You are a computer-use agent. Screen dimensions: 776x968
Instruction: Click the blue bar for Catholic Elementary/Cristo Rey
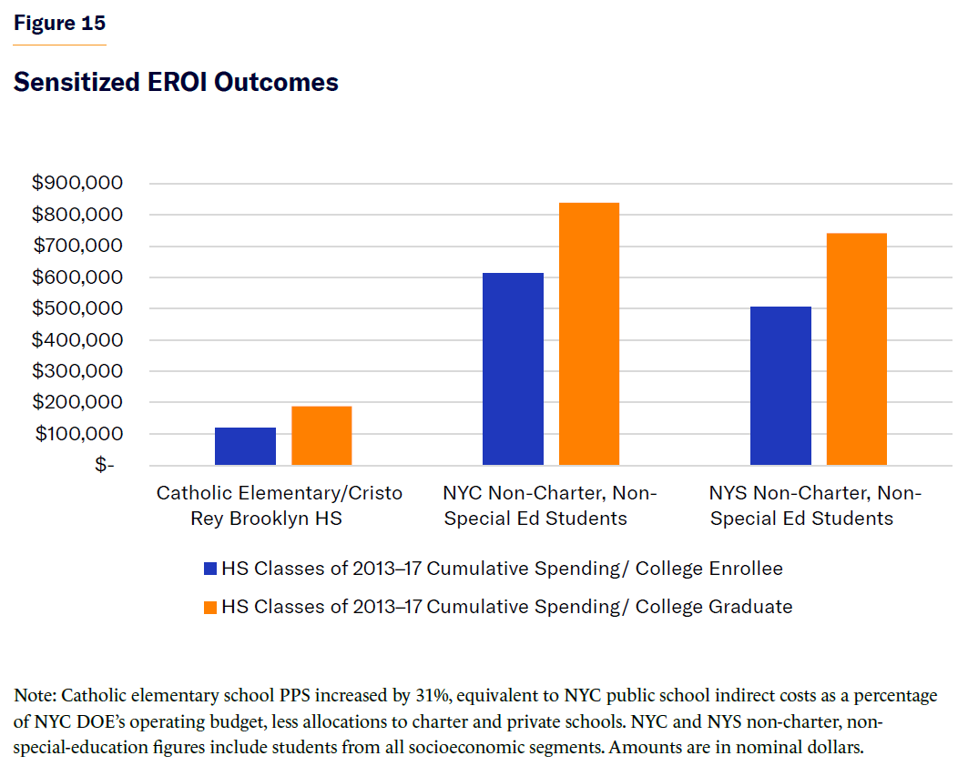pos(245,447)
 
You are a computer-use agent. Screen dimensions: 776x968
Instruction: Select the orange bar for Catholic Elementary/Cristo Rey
pos(321,436)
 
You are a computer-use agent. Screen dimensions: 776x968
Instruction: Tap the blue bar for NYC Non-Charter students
pos(513,369)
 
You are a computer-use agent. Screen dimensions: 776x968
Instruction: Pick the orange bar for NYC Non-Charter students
pos(589,334)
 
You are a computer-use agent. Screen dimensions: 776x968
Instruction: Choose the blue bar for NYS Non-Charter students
pos(780,386)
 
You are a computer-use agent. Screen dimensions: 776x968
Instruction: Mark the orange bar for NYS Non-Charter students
pos(857,349)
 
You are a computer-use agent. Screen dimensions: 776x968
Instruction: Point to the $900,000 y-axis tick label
pos(77,183)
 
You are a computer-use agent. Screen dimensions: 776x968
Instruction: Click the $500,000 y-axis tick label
pos(77,308)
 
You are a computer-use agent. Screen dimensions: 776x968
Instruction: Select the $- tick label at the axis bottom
pos(105,465)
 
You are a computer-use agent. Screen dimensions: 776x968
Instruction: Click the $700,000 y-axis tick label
pos(77,246)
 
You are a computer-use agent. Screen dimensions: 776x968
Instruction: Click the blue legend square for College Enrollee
pos(210,569)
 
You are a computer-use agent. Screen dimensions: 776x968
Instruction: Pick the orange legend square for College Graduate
pos(210,606)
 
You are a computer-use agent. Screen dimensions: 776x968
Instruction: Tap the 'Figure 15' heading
pos(59,24)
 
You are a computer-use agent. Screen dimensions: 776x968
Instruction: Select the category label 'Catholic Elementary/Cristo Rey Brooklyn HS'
pos(280,505)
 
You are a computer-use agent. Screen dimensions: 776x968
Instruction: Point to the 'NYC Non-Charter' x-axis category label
pos(549,505)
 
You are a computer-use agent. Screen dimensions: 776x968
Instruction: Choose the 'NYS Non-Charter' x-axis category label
pos(816,505)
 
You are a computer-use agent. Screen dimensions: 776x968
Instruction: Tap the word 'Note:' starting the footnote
pos(36,696)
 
